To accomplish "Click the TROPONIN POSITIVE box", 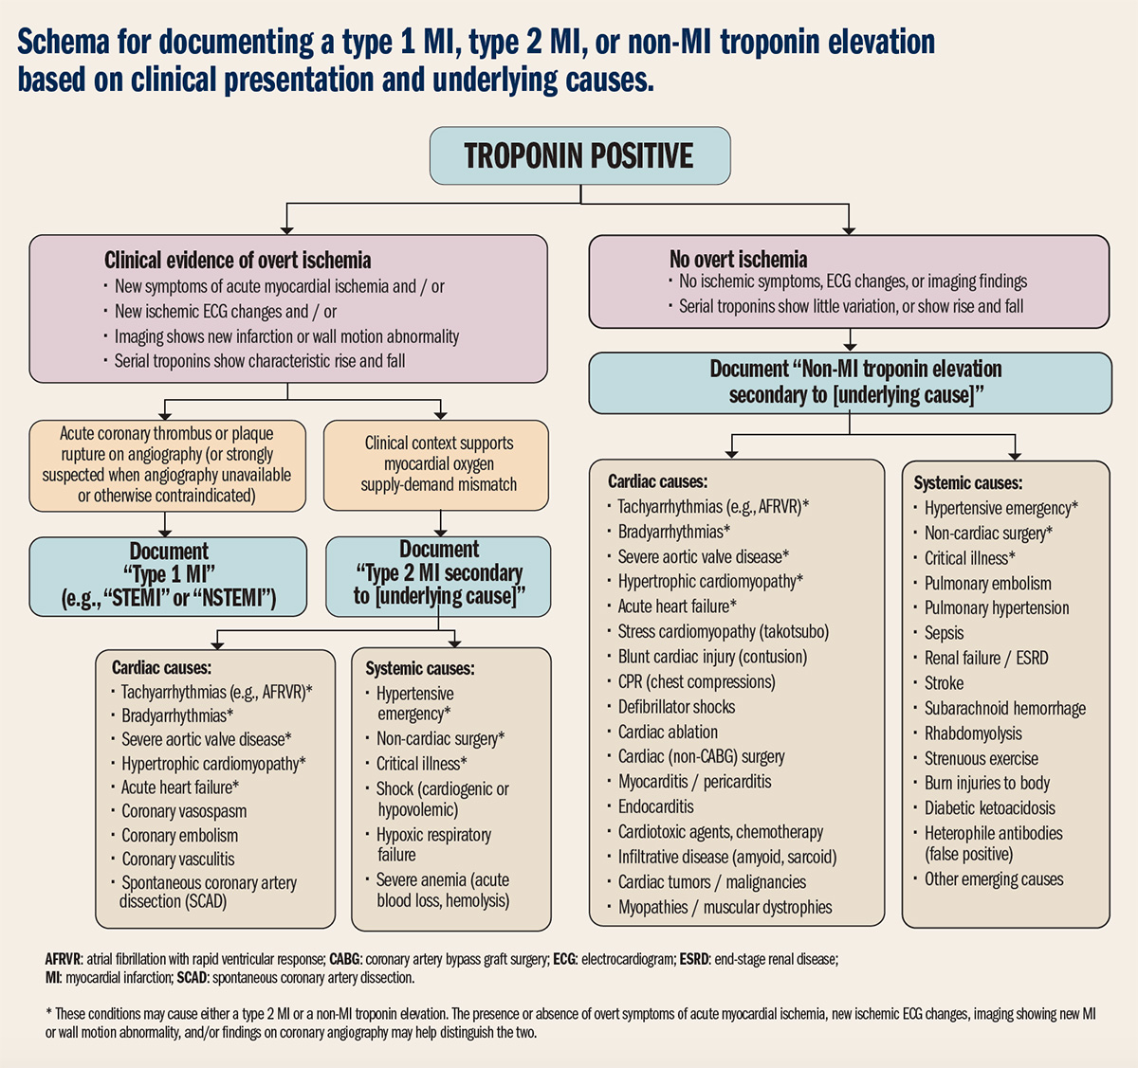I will [x=579, y=155].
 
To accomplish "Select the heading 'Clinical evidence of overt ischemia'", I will [x=237, y=261].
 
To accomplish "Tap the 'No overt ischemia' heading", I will [x=738, y=260].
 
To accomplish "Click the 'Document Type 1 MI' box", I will [x=169, y=575].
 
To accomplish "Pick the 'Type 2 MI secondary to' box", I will [x=438, y=574].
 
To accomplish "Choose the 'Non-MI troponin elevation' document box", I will [x=850, y=382].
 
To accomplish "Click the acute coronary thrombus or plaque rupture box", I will [x=167, y=464].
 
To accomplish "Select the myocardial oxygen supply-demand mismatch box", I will [x=438, y=464].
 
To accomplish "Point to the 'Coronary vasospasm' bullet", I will [x=184, y=811].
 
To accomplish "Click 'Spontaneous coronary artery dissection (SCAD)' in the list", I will [x=208, y=892].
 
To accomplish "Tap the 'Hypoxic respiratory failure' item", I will [x=432, y=844].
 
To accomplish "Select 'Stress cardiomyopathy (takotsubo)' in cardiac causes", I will [x=723, y=632].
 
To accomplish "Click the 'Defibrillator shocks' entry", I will [x=676, y=707].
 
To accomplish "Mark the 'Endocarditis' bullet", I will [x=655, y=807].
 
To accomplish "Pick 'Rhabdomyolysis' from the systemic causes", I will [x=973, y=733].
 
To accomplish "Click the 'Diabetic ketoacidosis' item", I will [x=989, y=808].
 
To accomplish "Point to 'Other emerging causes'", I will [x=994, y=879].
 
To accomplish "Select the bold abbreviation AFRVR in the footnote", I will [x=64, y=959].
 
